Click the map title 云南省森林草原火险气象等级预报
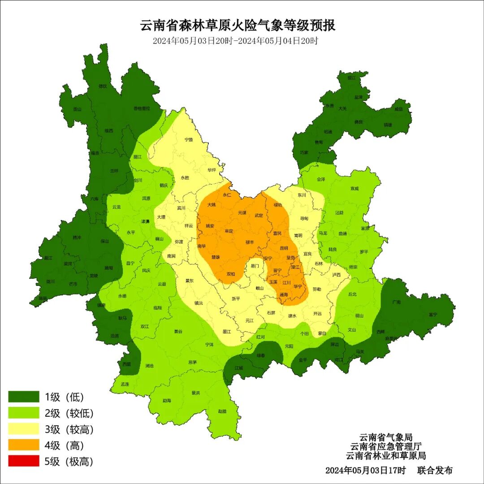[238, 25]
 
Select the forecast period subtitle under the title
[235, 41]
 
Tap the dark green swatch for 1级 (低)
[24, 397]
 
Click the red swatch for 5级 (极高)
[24, 461]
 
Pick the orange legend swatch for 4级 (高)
[24, 445]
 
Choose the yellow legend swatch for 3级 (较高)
[24, 429]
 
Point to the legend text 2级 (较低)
[69, 413]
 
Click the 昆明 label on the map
[284, 248]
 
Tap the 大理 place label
[161, 217]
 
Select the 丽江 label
[138, 157]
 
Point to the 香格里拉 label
[142, 108]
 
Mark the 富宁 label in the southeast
[432, 315]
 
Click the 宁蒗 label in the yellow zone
[189, 139]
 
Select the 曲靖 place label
[343, 233]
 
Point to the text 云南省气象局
[385, 437]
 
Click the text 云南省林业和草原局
[385, 456]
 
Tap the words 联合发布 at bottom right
[435, 471]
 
